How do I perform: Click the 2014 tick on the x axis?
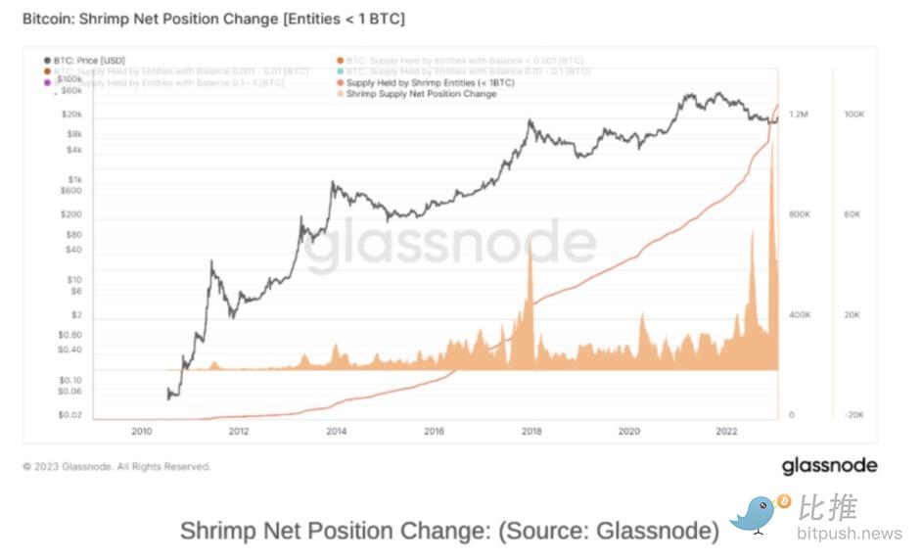[x=336, y=431]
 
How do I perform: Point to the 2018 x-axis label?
[x=531, y=431]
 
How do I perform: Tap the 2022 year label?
[x=726, y=431]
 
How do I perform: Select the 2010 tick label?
[x=141, y=431]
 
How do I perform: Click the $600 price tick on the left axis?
[x=69, y=191]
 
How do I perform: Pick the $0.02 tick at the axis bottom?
[x=69, y=415]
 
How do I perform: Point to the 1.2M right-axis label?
[x=799, y=115]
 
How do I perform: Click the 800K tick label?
[x=800, y=214]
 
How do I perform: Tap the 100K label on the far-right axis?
[x=853, y=115]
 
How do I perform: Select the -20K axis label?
[x=853, y=415]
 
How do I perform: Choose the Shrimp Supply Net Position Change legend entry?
[x=421, y=94]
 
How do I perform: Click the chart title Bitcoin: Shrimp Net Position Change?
[x=213, y=19]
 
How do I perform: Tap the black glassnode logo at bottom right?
[x=829, y=466]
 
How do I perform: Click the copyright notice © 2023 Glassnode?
[x=116, y=467]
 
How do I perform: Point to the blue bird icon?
[x=757, y=513]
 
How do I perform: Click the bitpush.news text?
[x=849, y=534]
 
